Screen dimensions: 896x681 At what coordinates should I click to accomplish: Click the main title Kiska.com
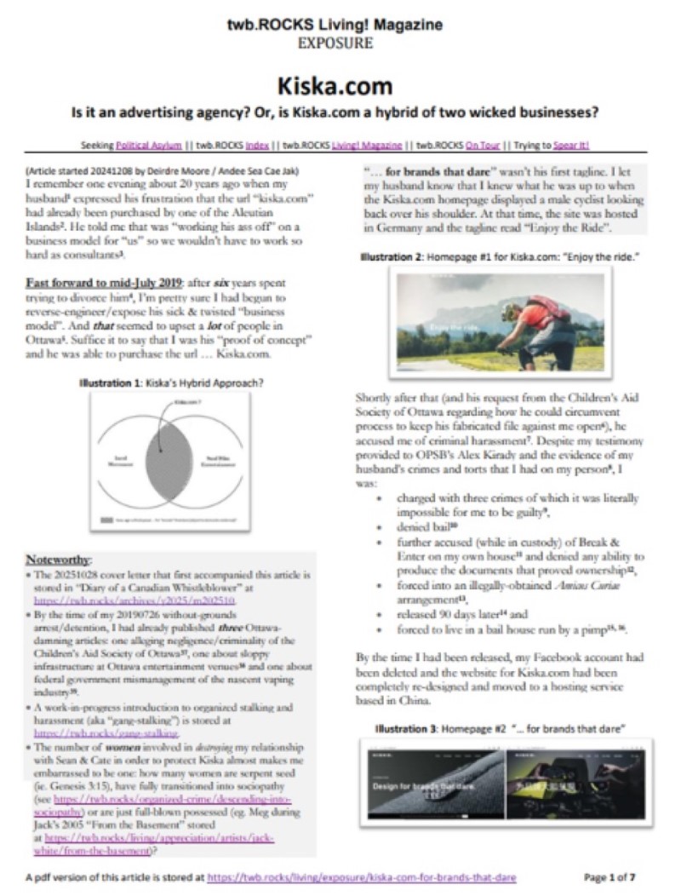click(x=340, y=86)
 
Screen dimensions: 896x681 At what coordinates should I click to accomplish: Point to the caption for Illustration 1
click(x=170, y=382)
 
